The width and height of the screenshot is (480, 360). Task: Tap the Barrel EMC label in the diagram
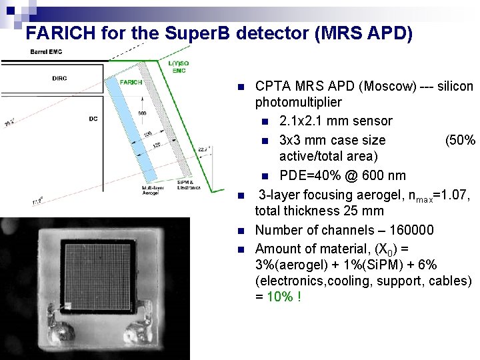pyautogui.click(x=43, y=52)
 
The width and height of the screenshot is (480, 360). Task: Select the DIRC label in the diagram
pyautogui.click(x=59, y=79)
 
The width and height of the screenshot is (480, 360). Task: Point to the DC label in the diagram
pyautogui.click(x=93, y=119)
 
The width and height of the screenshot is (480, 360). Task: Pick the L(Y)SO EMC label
pyautogui.click(x=179, y=67)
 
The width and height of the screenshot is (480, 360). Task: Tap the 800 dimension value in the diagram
pyautogui.click(x=142, y=113)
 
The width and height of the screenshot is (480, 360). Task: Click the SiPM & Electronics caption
pyautogui.click(x=185, y=185)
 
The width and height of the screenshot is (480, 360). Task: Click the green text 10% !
pyautogui.click(x=283, y=296)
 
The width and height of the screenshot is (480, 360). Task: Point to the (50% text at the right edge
pyautogui.click(x=461, y=140)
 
